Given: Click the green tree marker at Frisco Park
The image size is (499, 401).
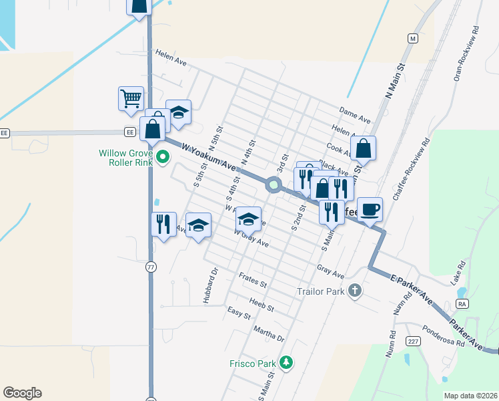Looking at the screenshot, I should click(287, 362).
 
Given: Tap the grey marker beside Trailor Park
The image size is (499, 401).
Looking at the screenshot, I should click(355, 290).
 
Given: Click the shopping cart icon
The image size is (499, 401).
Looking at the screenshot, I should click(131, 98).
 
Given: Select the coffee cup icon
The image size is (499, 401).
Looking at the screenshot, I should click(370, 210).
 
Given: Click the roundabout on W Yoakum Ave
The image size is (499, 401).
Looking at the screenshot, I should click(273, 184).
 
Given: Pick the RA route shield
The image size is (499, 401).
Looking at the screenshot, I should click(461, 303).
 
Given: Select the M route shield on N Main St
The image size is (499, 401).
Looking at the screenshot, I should click(413, 39).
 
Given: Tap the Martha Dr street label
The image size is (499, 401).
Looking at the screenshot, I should click(269, 333).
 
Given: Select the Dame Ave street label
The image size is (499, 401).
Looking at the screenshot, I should click(354, 114).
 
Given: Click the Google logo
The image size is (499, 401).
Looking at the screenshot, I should click(22, 393).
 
